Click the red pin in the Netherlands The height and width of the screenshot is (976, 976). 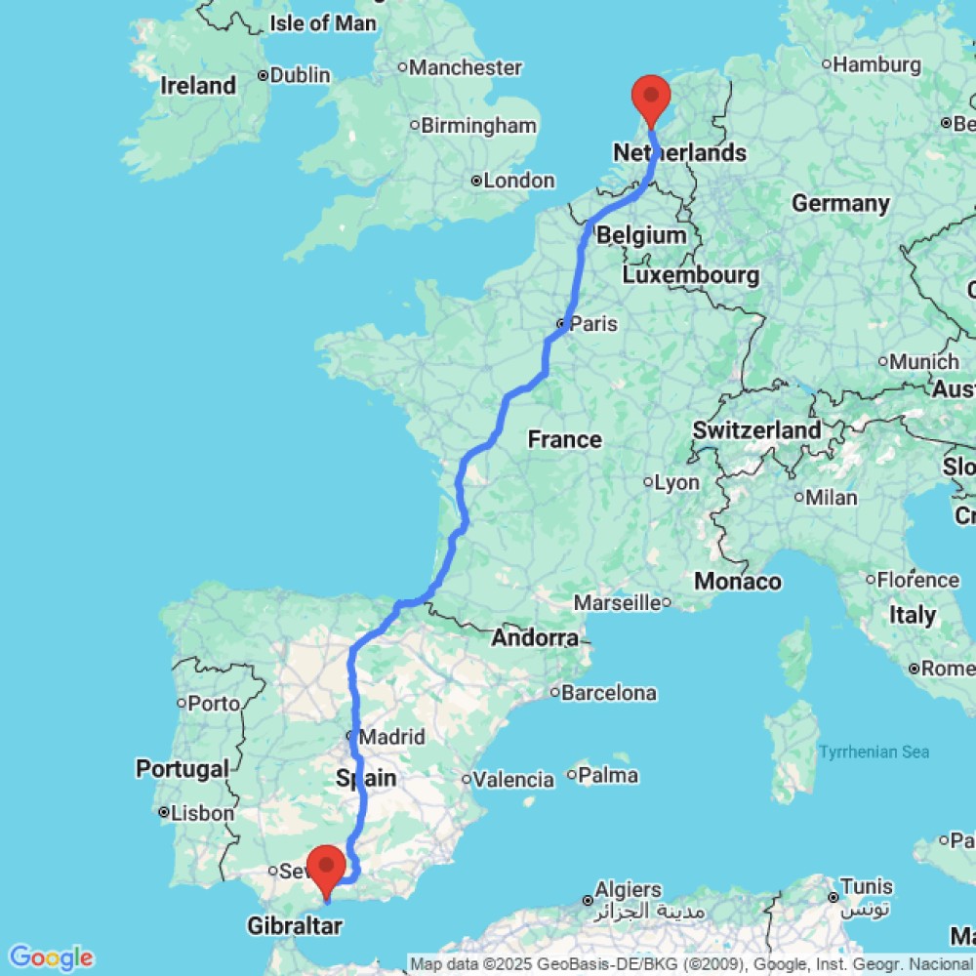point(651,99)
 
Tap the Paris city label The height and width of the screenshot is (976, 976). point(593,323)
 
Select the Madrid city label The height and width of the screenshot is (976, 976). point(391,737)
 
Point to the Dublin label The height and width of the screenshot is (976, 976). point(301,75)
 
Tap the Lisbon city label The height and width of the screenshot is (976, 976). point(203,812)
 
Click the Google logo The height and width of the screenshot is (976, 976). point(50,957)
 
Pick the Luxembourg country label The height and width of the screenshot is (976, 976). point(690,276)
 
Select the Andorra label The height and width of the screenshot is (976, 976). point(535,638)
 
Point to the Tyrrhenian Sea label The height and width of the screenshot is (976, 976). point(874,752)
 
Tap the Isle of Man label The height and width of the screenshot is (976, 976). point(322,23)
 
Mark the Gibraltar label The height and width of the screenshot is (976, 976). point(295,925)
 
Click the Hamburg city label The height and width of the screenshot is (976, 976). point(877,65)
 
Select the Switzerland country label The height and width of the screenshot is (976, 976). point(756,430)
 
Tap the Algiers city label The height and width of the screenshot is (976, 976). point(630,890)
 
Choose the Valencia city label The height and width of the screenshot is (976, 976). point(513,779)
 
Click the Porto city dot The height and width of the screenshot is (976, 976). point(182,703)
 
